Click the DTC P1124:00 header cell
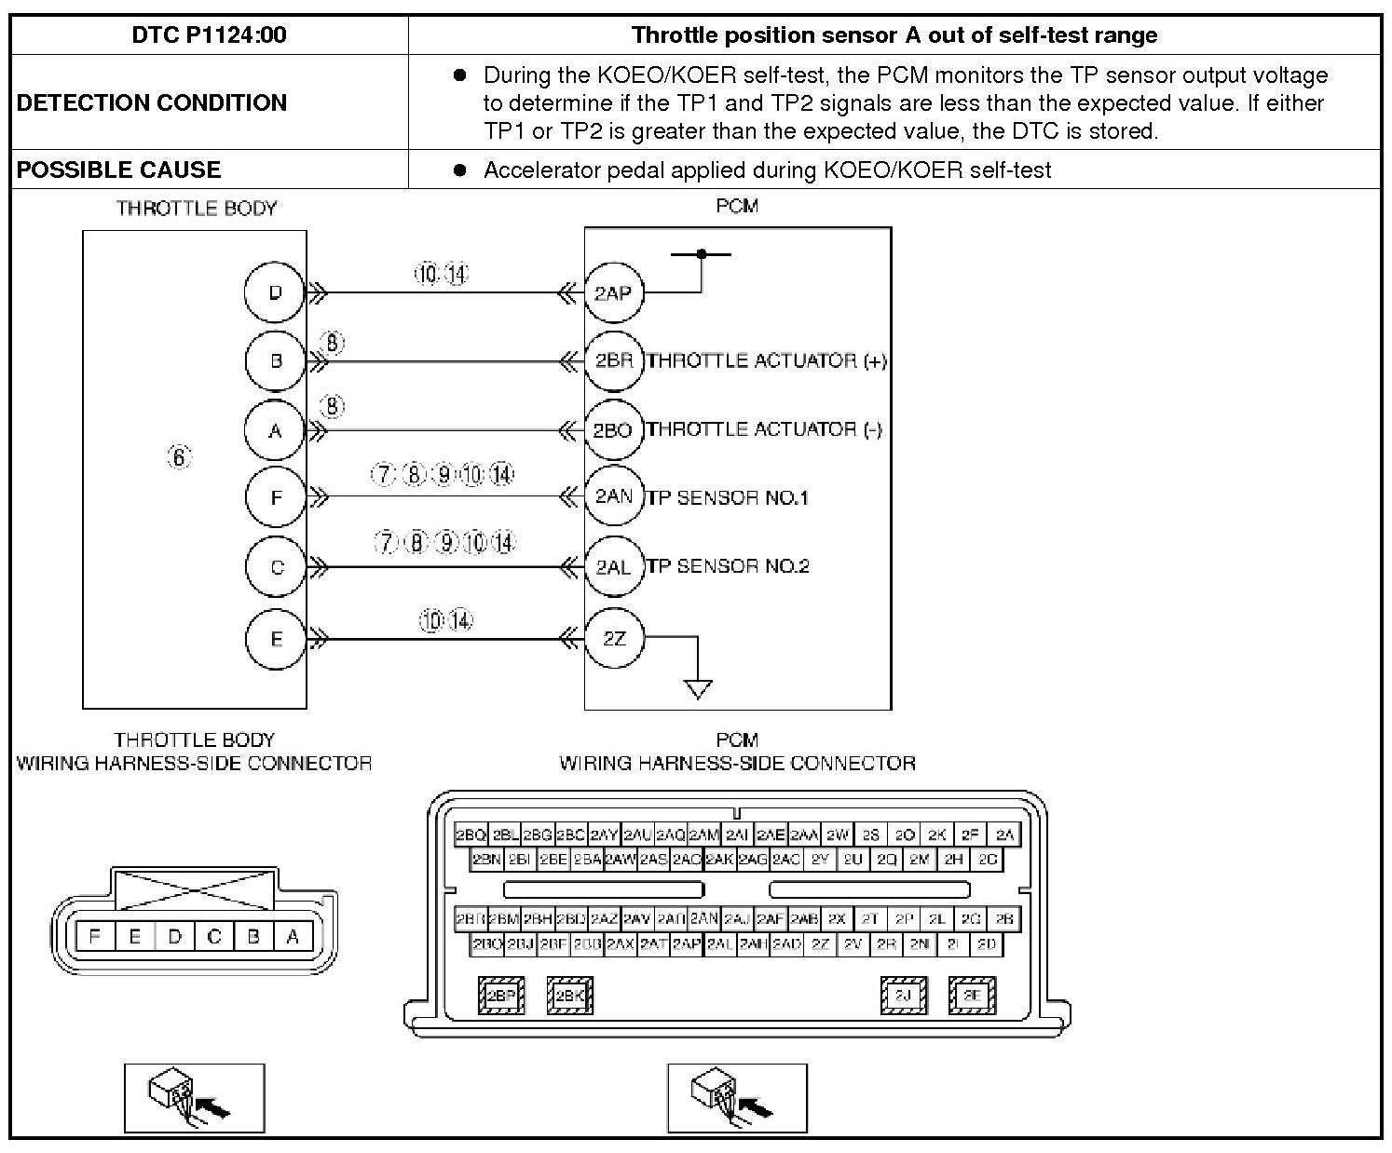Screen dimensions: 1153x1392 point(209,35)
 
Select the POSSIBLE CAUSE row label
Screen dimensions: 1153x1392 point(118,170)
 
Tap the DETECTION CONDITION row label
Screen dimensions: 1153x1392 point(151,102)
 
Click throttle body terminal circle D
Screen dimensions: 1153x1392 point(275,292)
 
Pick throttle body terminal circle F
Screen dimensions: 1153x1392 point(276,497)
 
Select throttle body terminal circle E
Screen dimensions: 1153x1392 point(276,639)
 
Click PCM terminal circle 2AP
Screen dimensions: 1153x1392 point(613,293)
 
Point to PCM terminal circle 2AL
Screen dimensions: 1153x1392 point(613,567)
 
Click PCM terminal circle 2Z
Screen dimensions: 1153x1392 point(613,639)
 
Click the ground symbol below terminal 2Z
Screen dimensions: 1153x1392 point(698,688)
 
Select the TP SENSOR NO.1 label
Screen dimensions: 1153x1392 point(728,498)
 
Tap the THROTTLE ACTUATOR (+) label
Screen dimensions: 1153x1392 point(766,361)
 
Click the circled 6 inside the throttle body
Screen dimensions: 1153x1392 point(179,457)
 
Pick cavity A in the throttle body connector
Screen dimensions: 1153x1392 point(293,937)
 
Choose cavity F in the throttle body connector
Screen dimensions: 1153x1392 point(95,937)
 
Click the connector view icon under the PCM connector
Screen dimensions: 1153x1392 point(737,1098)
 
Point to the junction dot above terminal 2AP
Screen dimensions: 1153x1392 point(702,253)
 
